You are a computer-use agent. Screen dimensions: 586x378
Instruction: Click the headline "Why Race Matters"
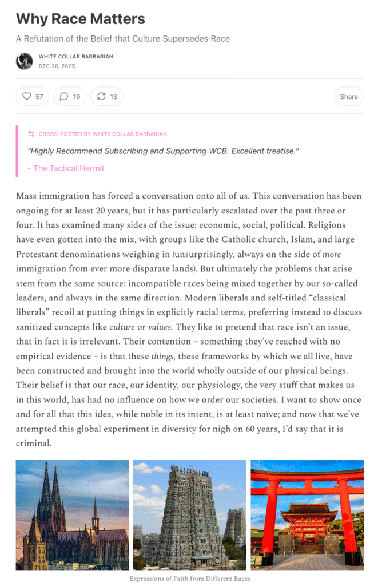coord(80,19)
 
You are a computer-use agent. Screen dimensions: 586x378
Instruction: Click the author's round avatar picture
coord(25,61)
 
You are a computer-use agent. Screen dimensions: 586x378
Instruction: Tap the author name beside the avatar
coord(75,57)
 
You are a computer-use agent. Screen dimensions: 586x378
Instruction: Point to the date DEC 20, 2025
coord(57,66)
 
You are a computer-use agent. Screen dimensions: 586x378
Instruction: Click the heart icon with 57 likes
coord(27,96)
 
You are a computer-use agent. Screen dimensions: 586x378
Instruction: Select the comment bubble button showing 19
coord(64,96)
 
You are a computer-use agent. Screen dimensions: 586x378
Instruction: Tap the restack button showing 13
coord(101,96)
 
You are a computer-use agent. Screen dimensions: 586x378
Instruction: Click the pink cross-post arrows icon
coord(31,134)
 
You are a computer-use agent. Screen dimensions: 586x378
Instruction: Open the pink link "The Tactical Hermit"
coord(69,168)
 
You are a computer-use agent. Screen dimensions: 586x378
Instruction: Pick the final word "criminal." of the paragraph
coord(34,443)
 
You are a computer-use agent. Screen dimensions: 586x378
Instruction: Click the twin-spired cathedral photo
coord(72,514)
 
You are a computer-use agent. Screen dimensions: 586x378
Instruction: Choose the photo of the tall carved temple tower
coord(189,514)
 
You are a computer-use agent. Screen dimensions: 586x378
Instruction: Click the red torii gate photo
coord(307,514)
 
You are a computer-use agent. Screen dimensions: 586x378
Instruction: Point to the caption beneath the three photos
coord(189,579)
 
